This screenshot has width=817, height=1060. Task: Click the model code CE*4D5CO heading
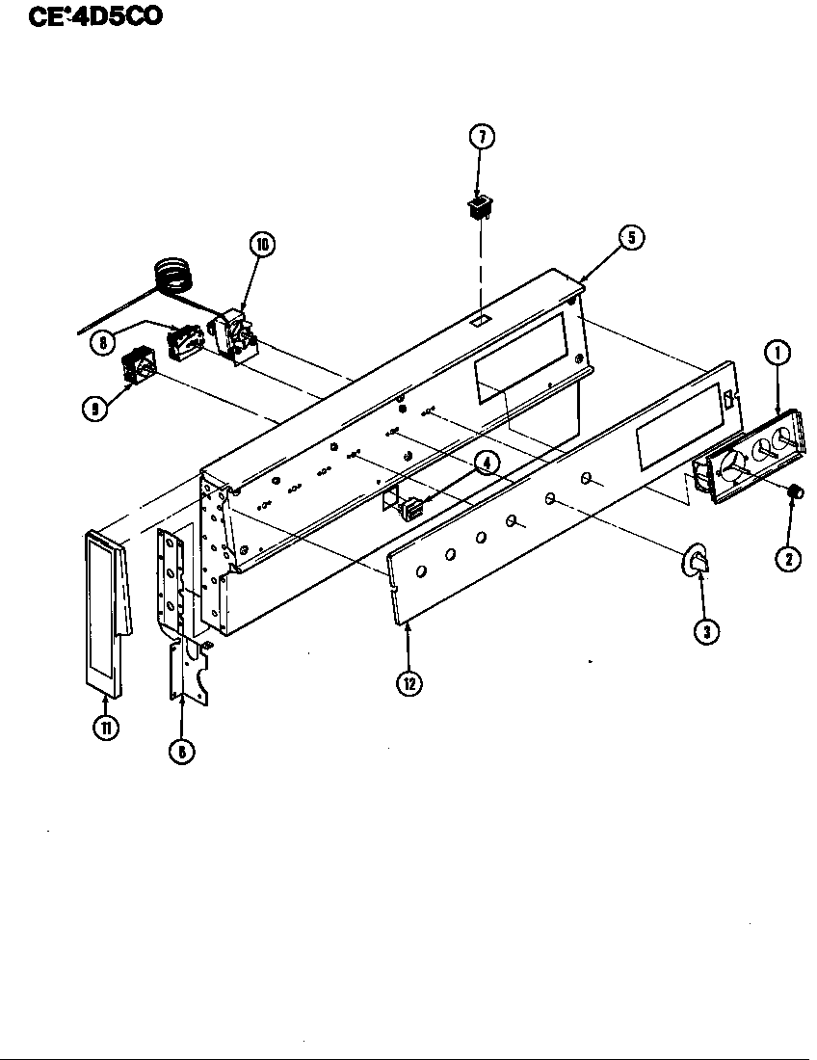point(94,17)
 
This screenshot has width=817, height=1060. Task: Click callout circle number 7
point(481,137)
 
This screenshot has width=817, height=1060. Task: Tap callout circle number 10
point(261,245)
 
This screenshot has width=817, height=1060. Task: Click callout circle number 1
point(777,353)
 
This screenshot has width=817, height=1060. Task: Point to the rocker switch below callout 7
point(480,207)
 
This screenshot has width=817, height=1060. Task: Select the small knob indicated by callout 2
point(795,492)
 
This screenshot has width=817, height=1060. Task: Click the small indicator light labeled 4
point(411,506)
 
